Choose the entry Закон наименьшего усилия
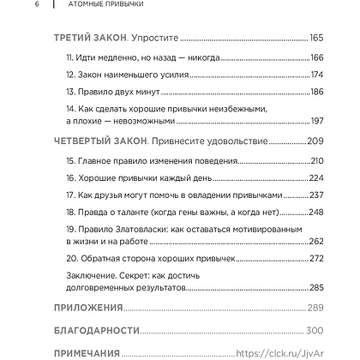[124, 75]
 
